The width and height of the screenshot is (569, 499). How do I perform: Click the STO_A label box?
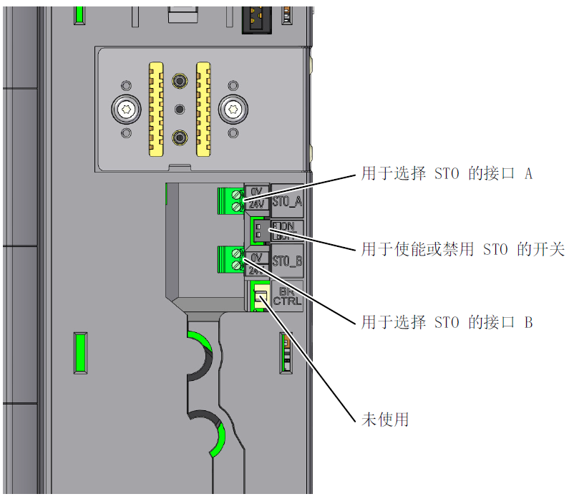click(x=287, y=200)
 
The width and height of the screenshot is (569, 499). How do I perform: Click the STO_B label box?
click(x=287, y=261)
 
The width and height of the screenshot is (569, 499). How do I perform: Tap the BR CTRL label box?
click(x=288, y=296)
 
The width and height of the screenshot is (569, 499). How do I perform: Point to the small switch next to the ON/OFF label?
click(x=258, y=231)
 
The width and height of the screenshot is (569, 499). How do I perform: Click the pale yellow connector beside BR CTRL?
click(x=261, y=297)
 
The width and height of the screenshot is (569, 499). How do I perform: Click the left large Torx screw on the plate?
click(x=126, y=110)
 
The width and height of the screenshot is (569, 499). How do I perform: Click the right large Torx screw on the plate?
click(x=233, y=110)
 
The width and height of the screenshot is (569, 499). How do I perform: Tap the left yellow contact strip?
click(x=155, y=108)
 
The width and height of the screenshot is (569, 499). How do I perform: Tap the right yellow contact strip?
click(x=203, y=108)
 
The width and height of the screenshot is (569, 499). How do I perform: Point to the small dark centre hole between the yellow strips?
click(x=179, y=109)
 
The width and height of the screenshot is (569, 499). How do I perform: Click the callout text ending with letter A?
click(x=446, y=174)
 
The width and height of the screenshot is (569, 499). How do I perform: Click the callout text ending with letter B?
click(x=446, y=323)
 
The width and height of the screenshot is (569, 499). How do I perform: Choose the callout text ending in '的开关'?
click(x=462, y=249)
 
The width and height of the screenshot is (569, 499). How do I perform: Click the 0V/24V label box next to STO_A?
click(x=257, y=198)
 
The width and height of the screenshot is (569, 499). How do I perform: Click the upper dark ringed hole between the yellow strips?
click(x=179, y=79)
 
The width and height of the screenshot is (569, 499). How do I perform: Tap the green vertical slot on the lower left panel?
click(x=80, y=353)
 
